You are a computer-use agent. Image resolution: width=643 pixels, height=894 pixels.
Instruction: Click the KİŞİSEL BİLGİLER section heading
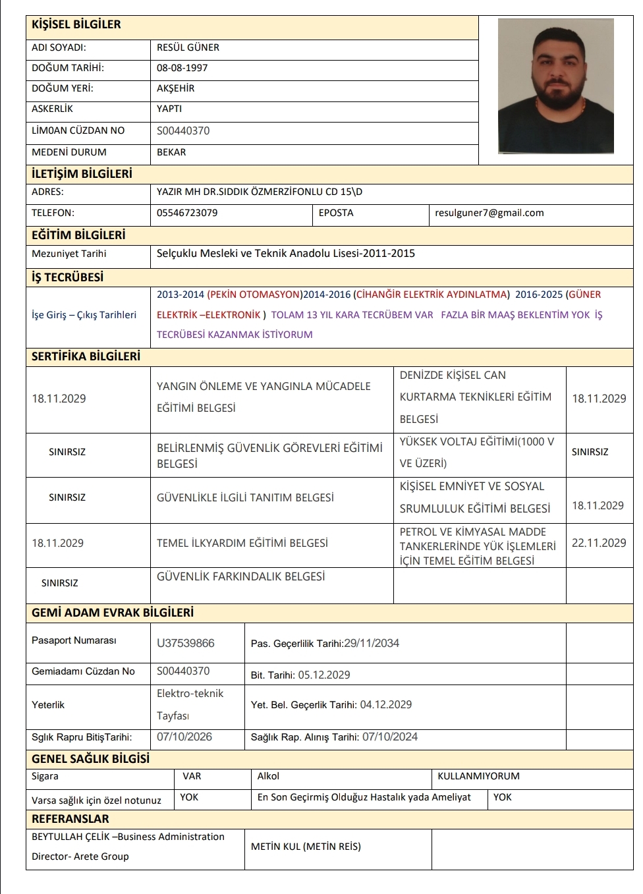pyautogui.click(x=76, y=25)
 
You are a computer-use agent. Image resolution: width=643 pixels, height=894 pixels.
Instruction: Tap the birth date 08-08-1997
pyautogui.click(x=182, y=68)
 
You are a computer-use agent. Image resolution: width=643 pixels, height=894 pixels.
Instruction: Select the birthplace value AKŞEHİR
pyautogui.click(x=175, y=88)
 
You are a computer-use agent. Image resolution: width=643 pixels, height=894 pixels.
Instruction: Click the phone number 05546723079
pyautogui.click(x=187, y=213)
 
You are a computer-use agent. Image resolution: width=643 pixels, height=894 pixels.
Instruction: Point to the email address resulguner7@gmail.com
pyautogui.click(x=489, y=213)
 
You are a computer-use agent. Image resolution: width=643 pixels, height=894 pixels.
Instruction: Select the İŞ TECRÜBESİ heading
pyautogui.click(x=67, y=277)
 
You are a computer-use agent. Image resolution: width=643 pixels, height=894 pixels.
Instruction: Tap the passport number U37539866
pyautogui.click(x=185, y=643)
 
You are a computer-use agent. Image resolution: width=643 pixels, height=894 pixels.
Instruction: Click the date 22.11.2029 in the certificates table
pyautogui.click(x=599, y=543)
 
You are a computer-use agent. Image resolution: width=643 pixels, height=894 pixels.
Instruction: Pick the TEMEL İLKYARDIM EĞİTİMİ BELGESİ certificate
pyautogui.click(x=242, y=543)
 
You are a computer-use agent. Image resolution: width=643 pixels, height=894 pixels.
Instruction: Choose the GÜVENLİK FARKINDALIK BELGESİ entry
pyautogui.click(x=240, y=576)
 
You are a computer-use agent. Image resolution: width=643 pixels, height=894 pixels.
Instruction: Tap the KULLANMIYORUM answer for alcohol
pyautogui.click(x=478, y=776)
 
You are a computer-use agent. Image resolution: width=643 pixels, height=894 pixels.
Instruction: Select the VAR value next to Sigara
pyautogui.click(x=192, y=776)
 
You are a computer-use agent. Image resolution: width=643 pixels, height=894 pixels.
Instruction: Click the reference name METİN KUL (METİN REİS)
pyautogui.click(x=306, y=847)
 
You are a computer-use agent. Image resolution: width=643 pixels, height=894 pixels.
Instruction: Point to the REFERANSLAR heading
pyautogui.click(x=70, y=819)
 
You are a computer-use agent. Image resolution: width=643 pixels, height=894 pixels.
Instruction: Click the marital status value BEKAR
pyautogui.click(x=171, y=152)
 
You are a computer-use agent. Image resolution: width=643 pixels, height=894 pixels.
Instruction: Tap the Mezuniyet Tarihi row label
pyautogui.click(x=69, y=254)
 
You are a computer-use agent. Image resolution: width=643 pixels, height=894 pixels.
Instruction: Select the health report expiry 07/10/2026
pyautogui.click(x=184, y=737)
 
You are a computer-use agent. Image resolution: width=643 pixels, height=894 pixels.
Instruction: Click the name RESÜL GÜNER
pyautogui.click(x=188, y=47)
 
